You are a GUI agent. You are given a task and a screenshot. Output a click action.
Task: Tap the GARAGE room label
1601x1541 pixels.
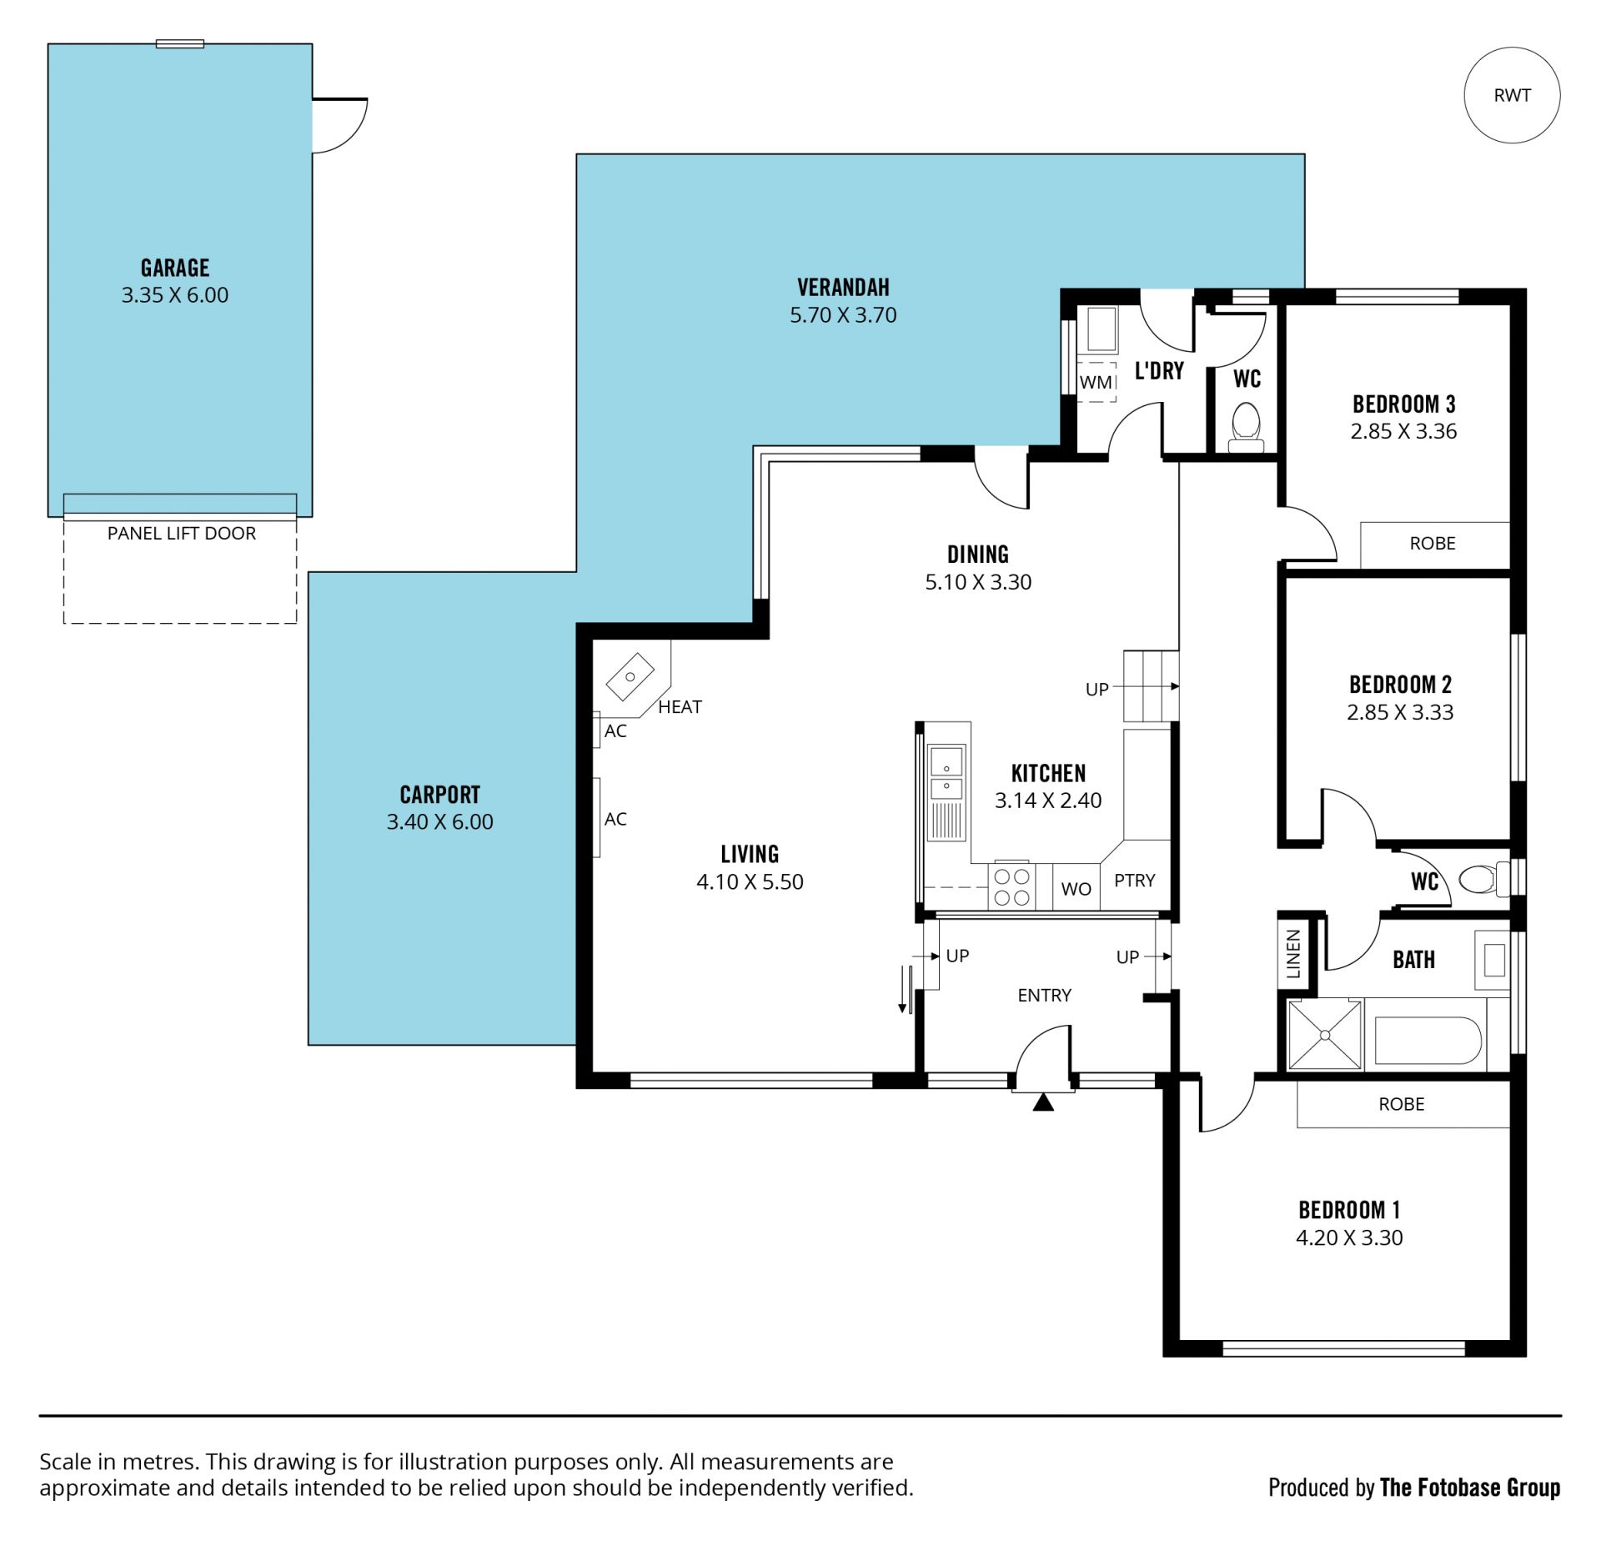[x=175, y=268]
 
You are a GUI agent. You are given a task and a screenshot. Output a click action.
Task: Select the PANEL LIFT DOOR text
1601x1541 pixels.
[x=182, y=534]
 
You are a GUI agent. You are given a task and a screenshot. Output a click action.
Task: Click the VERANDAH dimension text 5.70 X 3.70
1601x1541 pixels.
[x=843, y=315]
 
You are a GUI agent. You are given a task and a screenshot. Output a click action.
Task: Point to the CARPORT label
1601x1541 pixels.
[x=440, y=794]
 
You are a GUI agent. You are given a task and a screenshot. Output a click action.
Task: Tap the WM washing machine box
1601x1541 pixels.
[x=1096, y=382]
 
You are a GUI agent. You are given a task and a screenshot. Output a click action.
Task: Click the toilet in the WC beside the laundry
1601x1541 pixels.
[x=1247, y=428]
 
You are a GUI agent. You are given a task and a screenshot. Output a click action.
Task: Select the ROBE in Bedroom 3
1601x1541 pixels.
[x=1434, y=545]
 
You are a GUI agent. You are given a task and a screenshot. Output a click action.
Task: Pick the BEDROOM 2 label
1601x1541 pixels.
[x=1400, y=685]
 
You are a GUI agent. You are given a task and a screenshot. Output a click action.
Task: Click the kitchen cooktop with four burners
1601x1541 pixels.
[x=1011, y=886]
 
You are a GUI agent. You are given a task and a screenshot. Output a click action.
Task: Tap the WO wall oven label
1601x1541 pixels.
[x=1076, y=889]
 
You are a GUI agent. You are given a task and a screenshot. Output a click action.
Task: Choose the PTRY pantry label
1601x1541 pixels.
[x=1135, y=881]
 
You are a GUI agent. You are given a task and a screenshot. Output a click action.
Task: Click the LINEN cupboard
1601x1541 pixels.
[x=1293, y=953]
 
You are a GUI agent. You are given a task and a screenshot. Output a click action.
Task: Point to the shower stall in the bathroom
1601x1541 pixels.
[x=1324, y=1035]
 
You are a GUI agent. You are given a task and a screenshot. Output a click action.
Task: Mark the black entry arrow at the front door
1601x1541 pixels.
[x=1043, y=1102]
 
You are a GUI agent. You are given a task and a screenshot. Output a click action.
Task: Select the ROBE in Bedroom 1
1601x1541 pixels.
[x=1403, y=1104]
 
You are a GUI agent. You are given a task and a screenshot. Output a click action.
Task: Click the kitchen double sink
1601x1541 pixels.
[x=946, y=773]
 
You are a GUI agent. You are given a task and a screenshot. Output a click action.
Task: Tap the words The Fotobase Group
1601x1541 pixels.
[x=1470, y=1487]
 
